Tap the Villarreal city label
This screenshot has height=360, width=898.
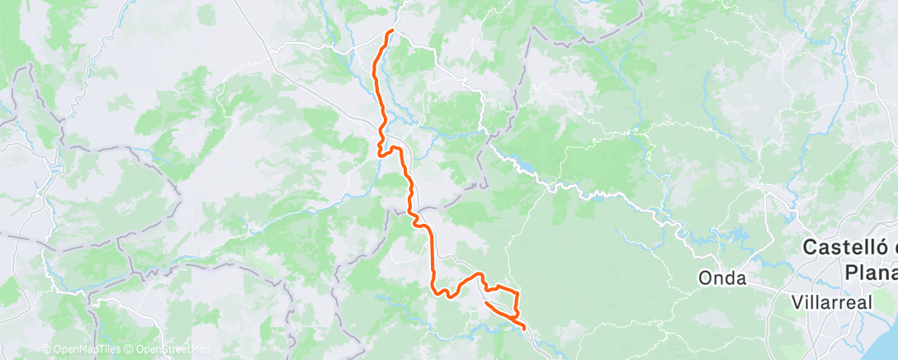pos(830,302)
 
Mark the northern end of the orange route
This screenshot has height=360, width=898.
pos(391,31)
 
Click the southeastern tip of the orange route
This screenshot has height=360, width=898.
pos(524,329)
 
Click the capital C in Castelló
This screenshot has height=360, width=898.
pos(811,248)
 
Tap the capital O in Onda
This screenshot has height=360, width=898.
pos(704,278)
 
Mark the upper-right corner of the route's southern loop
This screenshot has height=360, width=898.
pos(517,293)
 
